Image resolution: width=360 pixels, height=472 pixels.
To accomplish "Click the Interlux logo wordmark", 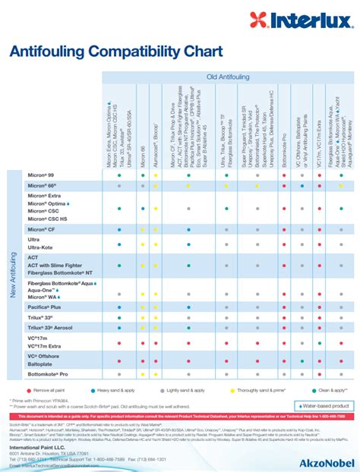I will (x=311, y=17).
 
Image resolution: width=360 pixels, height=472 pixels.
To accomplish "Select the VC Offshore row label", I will (x=45, y=355).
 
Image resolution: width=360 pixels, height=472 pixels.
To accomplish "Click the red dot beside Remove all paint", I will (x=29, y=389).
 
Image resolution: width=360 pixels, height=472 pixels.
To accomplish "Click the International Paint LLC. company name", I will (x=38, y=448).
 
